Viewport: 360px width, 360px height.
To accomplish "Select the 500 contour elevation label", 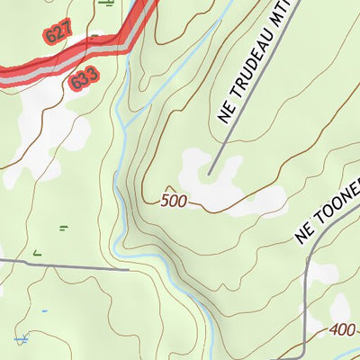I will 175,201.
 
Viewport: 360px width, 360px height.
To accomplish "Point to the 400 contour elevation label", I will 343,330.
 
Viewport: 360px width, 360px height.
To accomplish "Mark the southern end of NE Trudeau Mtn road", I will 209,174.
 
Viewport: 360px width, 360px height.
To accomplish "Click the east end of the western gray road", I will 129,268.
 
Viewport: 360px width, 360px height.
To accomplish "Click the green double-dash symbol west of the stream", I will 63,227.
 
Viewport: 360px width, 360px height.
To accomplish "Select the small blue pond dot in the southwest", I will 42,311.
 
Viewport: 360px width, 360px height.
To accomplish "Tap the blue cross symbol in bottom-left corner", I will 21,339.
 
